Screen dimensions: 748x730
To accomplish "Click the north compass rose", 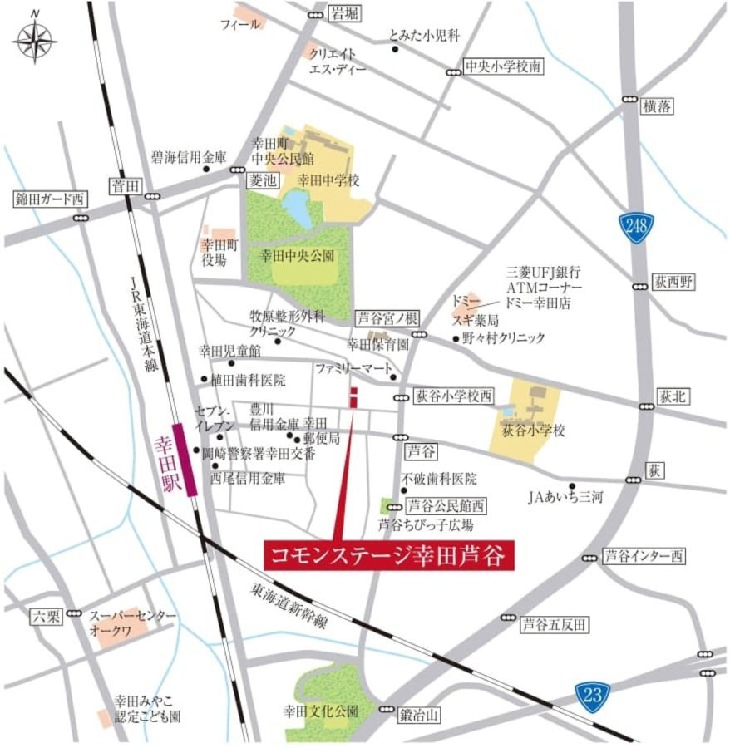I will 34,39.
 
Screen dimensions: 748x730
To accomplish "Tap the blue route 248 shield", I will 636,227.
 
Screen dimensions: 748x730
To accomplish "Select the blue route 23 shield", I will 592,692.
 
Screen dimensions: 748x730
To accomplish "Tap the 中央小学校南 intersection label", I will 503,66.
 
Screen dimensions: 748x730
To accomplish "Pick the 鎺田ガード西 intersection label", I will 49,199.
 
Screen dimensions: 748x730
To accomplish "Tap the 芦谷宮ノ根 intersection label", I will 388,317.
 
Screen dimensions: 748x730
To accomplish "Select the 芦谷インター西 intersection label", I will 643,556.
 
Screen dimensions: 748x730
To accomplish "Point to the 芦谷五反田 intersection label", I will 554,623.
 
